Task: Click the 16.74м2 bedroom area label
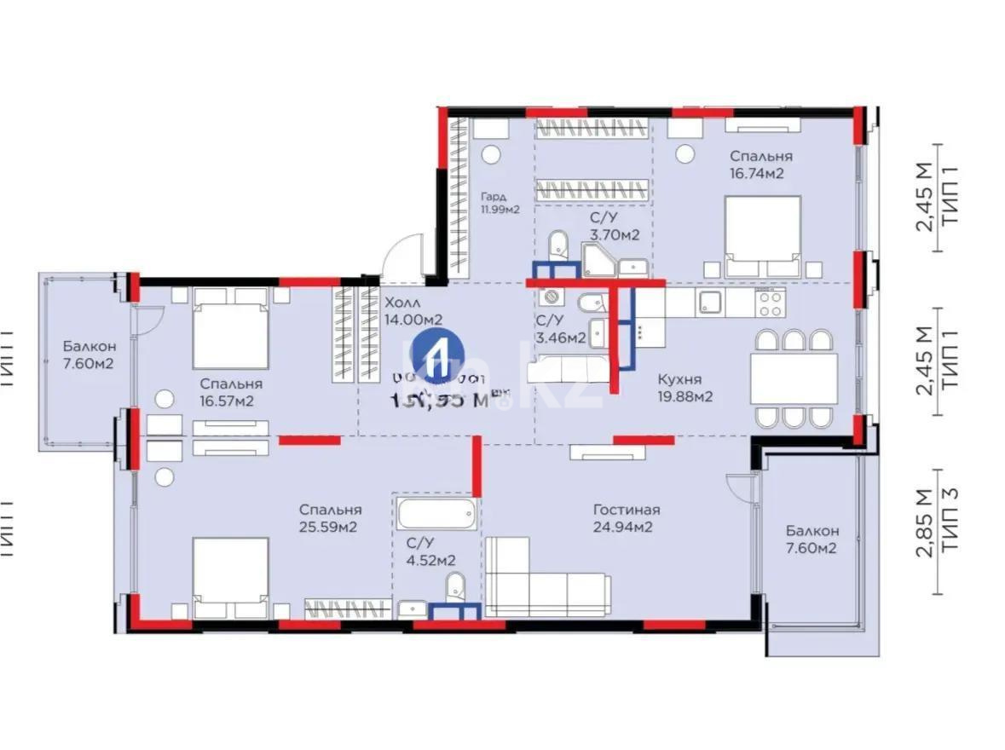pos(760,164)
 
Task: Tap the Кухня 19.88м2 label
pos(684,388)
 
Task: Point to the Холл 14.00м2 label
pos(413,311)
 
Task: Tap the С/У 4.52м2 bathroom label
pos(430,551)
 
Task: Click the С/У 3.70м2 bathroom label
pos(614,226)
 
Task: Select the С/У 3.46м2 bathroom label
pos(560,329)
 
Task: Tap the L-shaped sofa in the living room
pos(546,580)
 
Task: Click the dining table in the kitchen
pos(794,378)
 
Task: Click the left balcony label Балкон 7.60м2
pos(88,355)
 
